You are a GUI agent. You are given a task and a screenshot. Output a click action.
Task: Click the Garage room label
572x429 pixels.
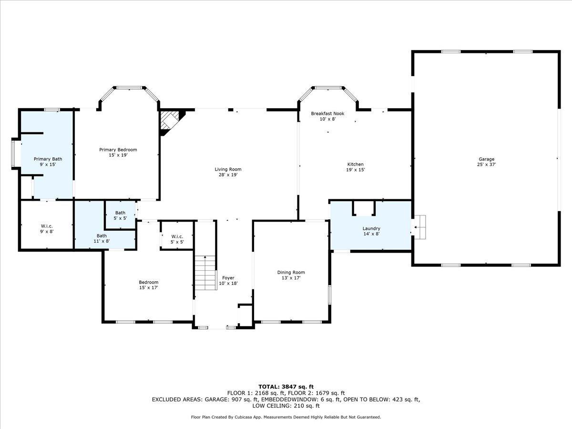tap(487, 159)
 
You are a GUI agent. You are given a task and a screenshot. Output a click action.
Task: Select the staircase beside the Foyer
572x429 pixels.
tap(205, 273)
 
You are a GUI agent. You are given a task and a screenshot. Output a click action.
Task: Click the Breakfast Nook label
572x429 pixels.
tap(327, 113)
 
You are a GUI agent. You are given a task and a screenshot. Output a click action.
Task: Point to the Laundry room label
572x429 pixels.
tap(371, 228)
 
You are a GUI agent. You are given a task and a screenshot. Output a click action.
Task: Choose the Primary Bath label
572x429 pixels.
tap(48, 159)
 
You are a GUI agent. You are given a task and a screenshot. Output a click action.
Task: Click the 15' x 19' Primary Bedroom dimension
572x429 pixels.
tap(118, 155)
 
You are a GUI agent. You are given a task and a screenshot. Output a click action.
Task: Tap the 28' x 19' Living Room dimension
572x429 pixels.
tap(228, 174)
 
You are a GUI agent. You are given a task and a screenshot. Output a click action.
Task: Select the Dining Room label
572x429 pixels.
tap(291, 272)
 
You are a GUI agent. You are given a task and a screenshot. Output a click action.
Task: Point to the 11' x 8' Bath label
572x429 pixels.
tap(102, 241)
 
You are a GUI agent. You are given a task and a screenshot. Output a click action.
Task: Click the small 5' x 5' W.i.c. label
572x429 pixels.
tap(177, 242)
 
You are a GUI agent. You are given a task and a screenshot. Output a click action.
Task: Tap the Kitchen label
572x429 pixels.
tap(355, 164)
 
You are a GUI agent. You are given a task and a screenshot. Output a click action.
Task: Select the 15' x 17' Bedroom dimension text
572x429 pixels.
tap(148, 287)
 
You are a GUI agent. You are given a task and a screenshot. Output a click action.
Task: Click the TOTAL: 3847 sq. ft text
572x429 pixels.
tap(286, 387)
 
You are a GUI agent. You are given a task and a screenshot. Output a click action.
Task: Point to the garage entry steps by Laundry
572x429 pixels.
tap(419, 227)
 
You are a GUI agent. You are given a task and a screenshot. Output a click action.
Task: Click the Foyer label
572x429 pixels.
tap(228, 277)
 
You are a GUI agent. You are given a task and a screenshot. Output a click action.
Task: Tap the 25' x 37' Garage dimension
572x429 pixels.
tap(487, 164)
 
